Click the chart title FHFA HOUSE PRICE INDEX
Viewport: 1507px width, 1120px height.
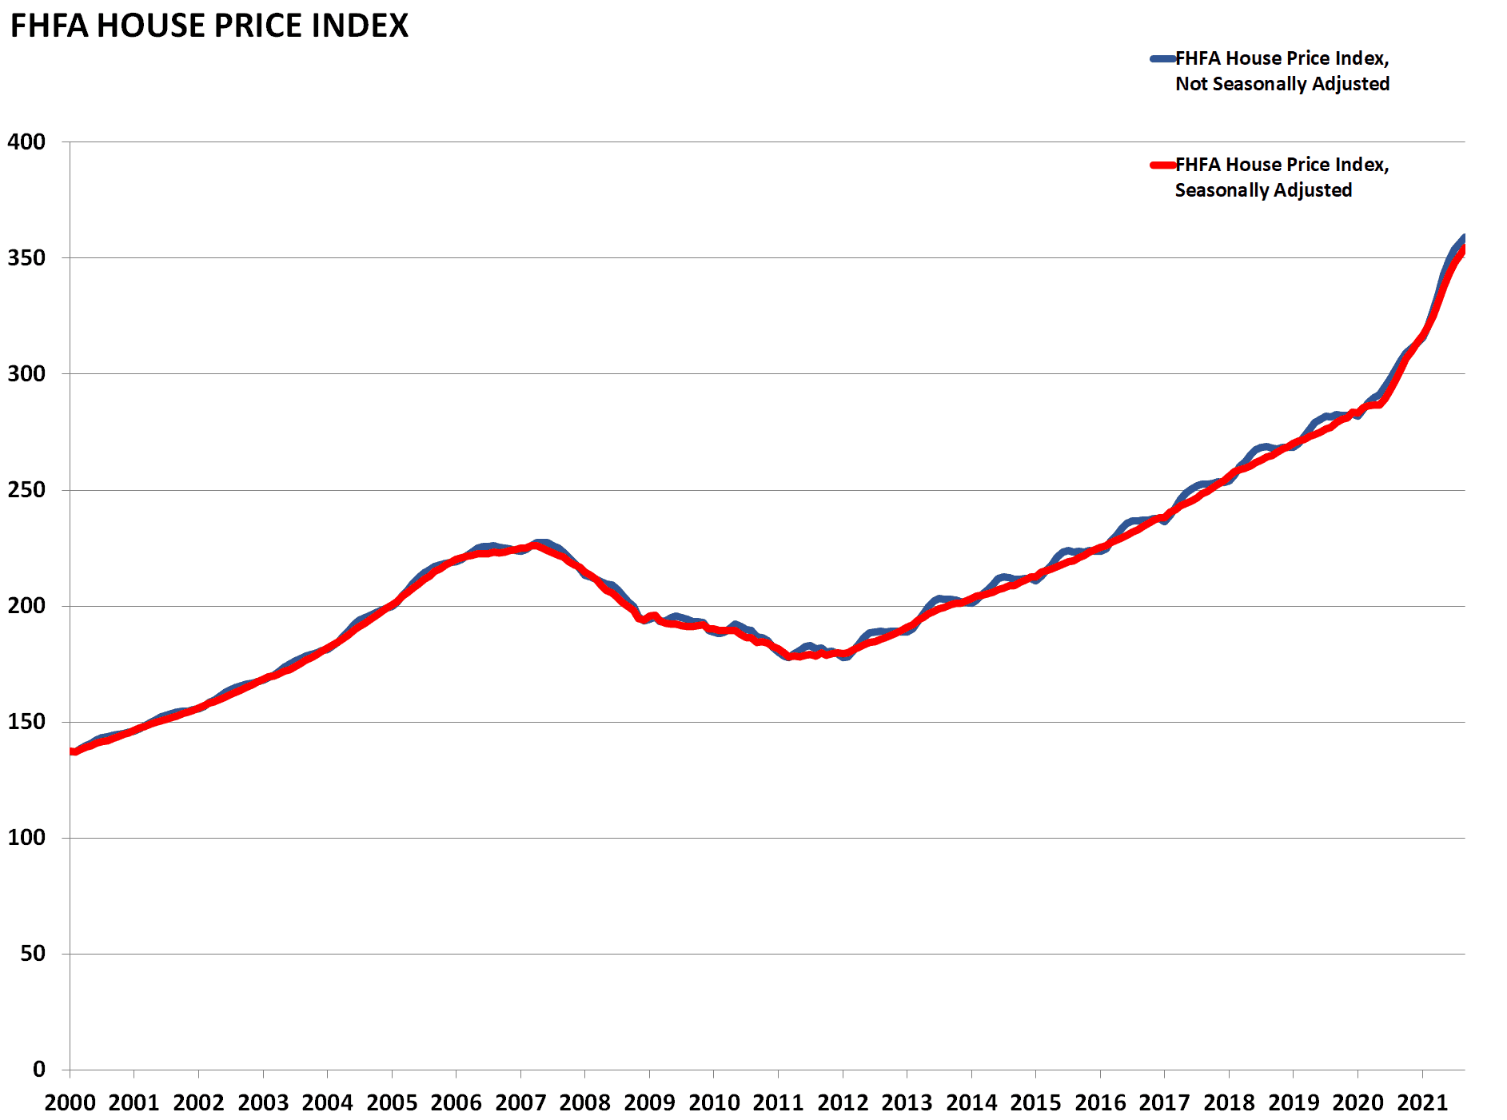click(x=209, y=26)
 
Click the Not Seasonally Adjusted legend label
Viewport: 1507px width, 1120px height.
click(x=1282, y=71)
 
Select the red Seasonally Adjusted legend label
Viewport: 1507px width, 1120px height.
click(x=1282, y=177)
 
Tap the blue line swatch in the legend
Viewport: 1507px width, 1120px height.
click(x=1162, y=58)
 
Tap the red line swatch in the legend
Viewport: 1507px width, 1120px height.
click(x=1162, y=165)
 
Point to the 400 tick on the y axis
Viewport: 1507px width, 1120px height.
click(x=26, y=142)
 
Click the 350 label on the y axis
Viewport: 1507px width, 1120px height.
click(x=26, y=258)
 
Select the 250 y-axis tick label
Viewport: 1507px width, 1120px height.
click(x=26, y=490)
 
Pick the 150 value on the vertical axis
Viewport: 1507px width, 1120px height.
click(x=26, y=722)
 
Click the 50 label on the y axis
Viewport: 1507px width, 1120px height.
click(x=33, y=954)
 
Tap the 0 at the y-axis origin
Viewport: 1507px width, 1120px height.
click(x=39, y=1070)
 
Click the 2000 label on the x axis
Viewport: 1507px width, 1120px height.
click(x=70, y=1103)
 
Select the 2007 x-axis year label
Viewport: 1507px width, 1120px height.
click(x=520, y=1103)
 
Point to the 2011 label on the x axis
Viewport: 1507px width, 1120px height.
click(x=778, y=1103)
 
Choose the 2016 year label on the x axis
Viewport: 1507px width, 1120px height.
click(x=1100, y=1103)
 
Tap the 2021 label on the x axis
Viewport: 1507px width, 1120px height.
click(x=1422, y=1103)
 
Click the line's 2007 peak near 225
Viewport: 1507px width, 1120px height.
click(x=537, y=546)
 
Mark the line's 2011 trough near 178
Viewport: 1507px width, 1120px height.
click(x=790, y=656)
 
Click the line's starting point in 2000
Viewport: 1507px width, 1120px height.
click(x=72, y=751)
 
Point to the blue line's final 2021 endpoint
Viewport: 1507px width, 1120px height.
click(x=1463, y=237)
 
